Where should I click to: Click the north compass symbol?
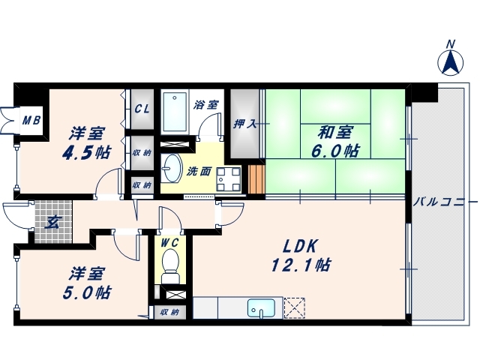pyautogui.click(x=451, y=59)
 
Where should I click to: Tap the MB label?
pyautogui.click(x=31, y=119)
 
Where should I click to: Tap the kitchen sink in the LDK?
pyautogui.click(x=262, y=308)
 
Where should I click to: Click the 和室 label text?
pyautogui.click(x=334, y=133)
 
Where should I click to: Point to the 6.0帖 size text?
pyautogui.click(x=334, y=151)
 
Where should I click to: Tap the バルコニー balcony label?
pyautogui.click(x=444, y=202)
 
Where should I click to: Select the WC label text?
pyautogui.click(x=169, y=243)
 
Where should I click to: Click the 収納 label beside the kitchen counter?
pyautogui.click(x=170, y=312)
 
